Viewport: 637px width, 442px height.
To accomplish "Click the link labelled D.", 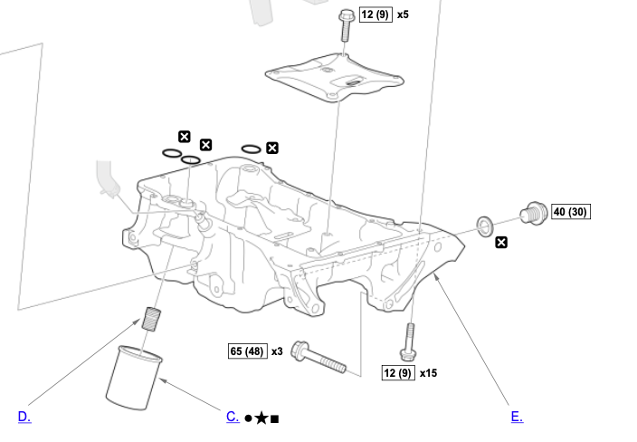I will pyautogui.click(x=24, y=417).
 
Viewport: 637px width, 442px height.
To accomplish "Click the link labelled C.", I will pyautogui.click(x=233, y=417).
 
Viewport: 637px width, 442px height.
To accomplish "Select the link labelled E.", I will pyautogui.click(x=517, y=417).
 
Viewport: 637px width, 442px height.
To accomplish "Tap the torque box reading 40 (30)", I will pyautogui.click(x=571, y=212).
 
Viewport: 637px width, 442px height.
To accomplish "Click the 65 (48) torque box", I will pyautogui.click(x=247, y=351).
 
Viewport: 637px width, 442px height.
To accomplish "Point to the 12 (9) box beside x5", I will pyautogui.click(x=376, y=15).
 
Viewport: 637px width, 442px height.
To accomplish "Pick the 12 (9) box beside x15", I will pyautogui.click(x=397, y=372).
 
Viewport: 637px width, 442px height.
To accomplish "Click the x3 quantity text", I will pyautogui.click(x=277, y=351).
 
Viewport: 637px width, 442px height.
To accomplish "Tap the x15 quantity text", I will pyautogui.click(x=428, y=372).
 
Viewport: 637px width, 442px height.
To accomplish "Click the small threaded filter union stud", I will pyautogui.click(x=152, y=320).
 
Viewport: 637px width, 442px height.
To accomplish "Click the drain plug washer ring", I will pyautogui.click(x=485, y=224).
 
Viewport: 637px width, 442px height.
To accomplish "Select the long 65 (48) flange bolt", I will pyautogui.click(x=318, y=358).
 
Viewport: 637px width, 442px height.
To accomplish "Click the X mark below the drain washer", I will pyautogui.click(x=501, y=242).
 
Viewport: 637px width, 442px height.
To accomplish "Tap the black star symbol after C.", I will pyautogui.click(x=261, y=418).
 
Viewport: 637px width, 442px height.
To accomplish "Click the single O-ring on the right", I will pyautogui.click(x=252, y=149).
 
